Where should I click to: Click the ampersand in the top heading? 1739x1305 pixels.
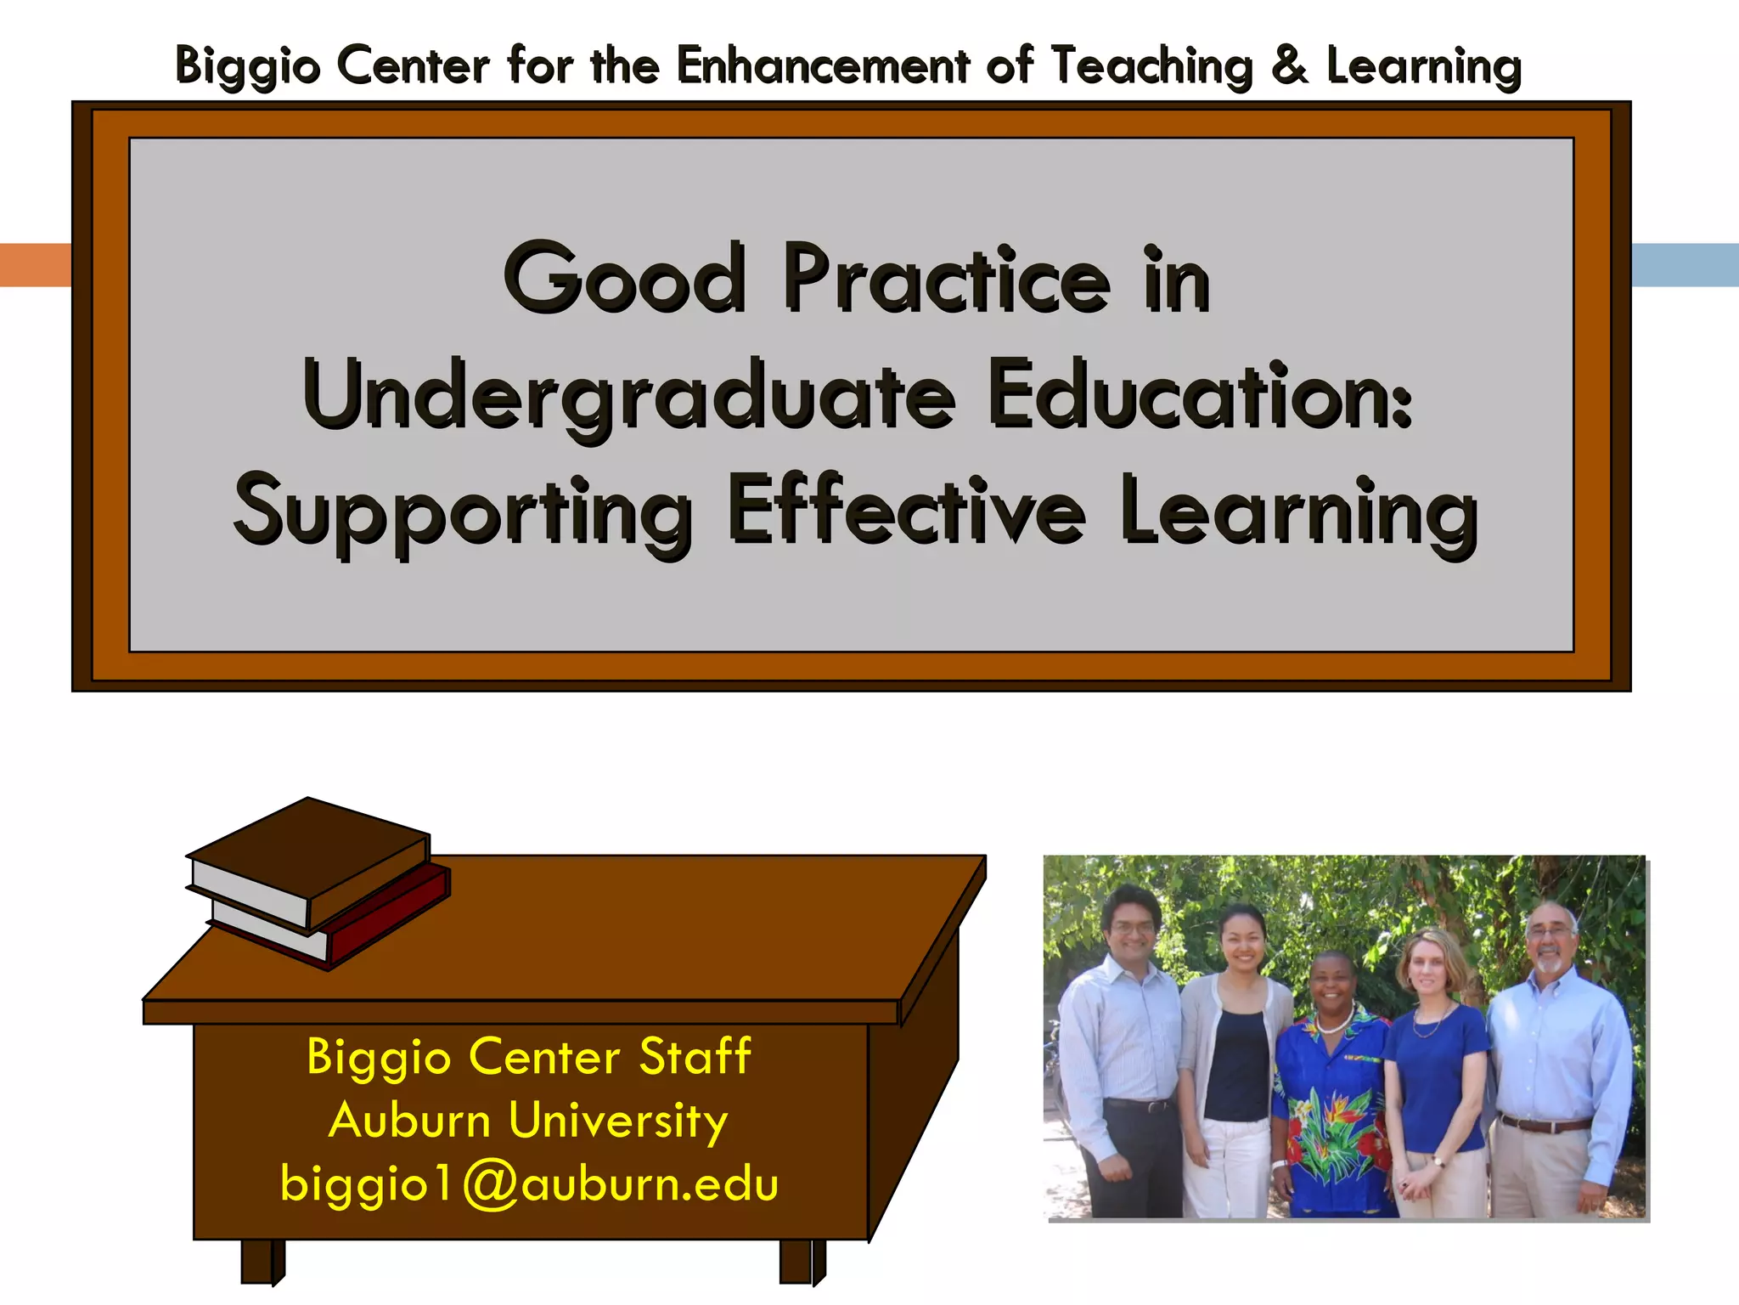(x=1290, y=65)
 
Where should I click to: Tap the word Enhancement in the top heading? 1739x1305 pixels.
(x=823, y=65)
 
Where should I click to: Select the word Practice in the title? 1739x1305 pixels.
(x=946, y=279)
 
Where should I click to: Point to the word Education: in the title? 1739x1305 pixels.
(x=1200, y=395)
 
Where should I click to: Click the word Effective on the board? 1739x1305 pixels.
(x=906, y=510)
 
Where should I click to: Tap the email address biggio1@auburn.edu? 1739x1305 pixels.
(x=529, y=1184)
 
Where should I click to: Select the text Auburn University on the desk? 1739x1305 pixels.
(x=528, y=1120)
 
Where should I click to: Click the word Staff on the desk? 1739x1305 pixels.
(x=695, y=1056)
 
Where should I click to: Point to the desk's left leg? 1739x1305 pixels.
(x=260, y=1261)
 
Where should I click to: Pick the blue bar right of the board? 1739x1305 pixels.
(x=1685, y=265)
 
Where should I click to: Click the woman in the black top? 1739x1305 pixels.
(x=1235, y=1062)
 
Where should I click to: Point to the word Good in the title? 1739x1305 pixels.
(x=626, y=279)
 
